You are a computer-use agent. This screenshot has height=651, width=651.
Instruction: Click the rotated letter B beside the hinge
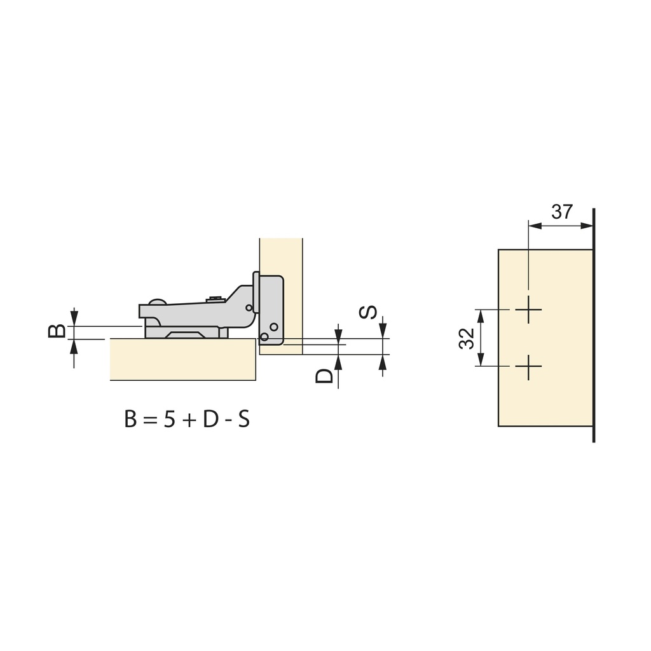click(x=57, y=331)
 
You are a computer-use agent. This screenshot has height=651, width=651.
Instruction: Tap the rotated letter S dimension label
click(x=368, y=312)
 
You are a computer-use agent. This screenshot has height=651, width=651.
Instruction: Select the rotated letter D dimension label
click(x=324, y=376)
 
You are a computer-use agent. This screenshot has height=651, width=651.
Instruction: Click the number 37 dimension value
click(x=562, y=212)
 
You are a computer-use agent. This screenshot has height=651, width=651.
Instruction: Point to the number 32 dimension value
click(x=467, y=339)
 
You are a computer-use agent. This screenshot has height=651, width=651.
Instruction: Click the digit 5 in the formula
click(x=169, y=420)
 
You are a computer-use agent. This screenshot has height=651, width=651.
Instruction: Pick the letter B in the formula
click(x=130, y=420)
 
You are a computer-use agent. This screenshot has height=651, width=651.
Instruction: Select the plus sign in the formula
click(x=189, y=421)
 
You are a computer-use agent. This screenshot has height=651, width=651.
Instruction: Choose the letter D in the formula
click(x=210, y=420)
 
